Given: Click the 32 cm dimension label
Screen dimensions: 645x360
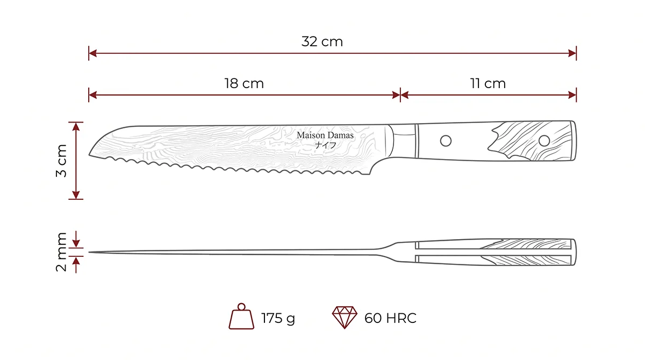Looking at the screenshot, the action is (322, 42).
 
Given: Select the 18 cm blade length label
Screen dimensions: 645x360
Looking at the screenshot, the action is (244, 83).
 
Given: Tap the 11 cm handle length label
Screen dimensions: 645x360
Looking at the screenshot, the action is (488, 83).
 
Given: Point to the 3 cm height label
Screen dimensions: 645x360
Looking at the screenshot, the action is (61, 161).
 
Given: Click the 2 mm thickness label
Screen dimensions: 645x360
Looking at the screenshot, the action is (61, 252).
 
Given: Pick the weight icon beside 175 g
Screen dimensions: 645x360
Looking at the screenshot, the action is (241, 316).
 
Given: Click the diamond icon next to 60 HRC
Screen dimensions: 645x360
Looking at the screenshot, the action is (345, 318).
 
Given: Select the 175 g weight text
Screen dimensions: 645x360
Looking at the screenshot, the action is (278, 318).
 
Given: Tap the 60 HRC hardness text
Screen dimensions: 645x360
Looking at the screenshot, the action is (390, 318).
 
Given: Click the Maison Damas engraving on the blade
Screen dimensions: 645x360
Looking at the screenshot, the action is (325, 135).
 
